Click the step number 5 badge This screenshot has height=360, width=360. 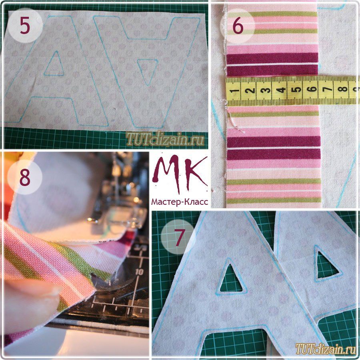pyautogui.click(x=25, y=25)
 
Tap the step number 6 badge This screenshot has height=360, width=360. pyautogui.click(x=238, y=26)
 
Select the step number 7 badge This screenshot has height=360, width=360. pyautogui.click(x=178, y=237)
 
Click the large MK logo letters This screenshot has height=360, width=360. pyautogui.click(x=180, y=173)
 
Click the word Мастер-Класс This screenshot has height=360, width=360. pyautogui.click(x=180, y=202)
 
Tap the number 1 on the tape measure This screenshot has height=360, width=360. pyautogui.click(x=234, y=91)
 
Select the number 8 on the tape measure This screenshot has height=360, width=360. pyautogui.click(x=342, y=88)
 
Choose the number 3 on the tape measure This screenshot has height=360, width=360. pyautogui.click(x=266, y=90)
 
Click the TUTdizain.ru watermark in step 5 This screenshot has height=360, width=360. pyautogui.click(x=165, y=139)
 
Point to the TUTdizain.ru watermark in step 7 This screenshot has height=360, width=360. pyautogui.click(x=326, y=349)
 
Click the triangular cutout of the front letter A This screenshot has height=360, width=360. pyautogui.click(x=232, y=279)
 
